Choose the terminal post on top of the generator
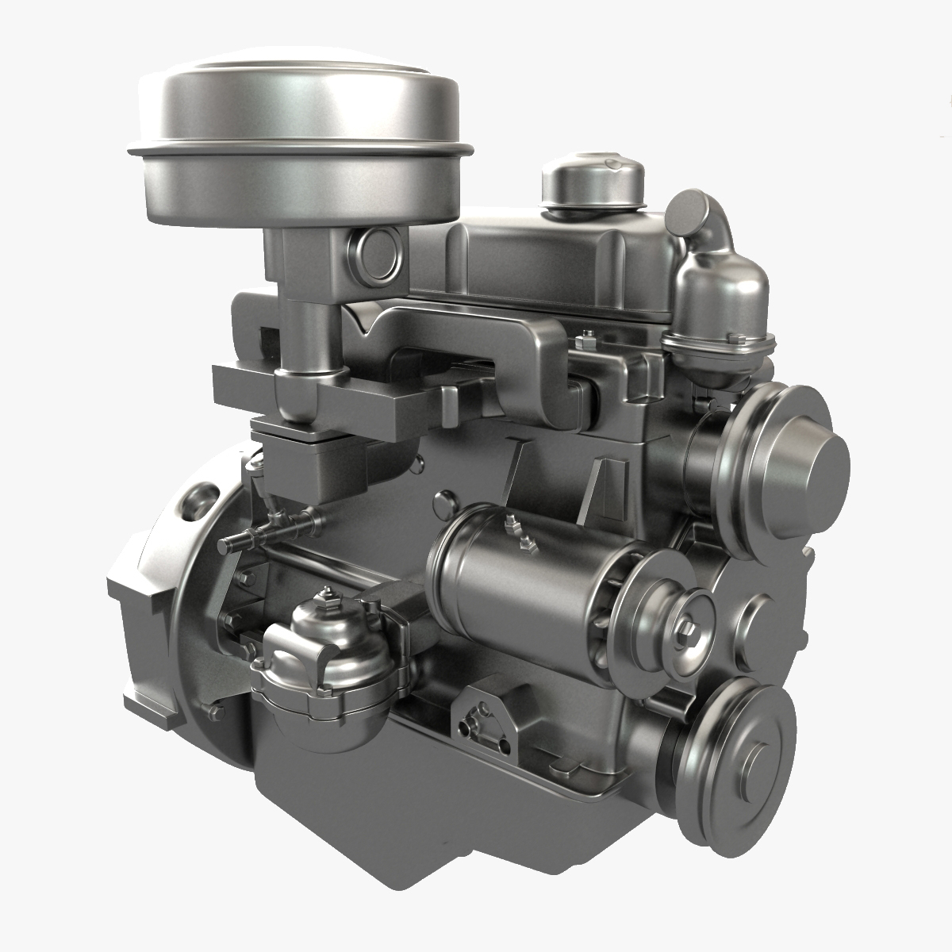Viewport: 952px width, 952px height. click(x=512, y=524)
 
